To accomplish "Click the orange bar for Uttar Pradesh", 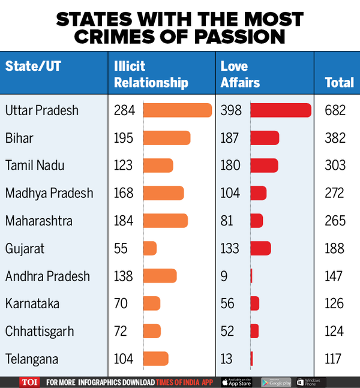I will coord(178,110).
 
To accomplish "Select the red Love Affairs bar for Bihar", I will coord(265,138).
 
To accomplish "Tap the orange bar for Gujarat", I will coord(150,248).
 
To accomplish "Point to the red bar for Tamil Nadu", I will coord(264,166).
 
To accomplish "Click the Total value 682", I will coord(335,110).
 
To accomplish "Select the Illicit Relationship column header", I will coord(151,74).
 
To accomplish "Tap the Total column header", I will coord(339,83).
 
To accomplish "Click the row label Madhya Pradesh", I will coord(49,193).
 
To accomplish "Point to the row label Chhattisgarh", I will coord(41,331).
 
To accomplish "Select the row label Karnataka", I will coord(32,303).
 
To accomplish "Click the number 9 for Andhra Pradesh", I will coord(224,276).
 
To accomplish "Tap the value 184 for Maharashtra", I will coord(124,221).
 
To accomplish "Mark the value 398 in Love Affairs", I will coord(230,110).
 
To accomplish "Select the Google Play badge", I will coord(276,381).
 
